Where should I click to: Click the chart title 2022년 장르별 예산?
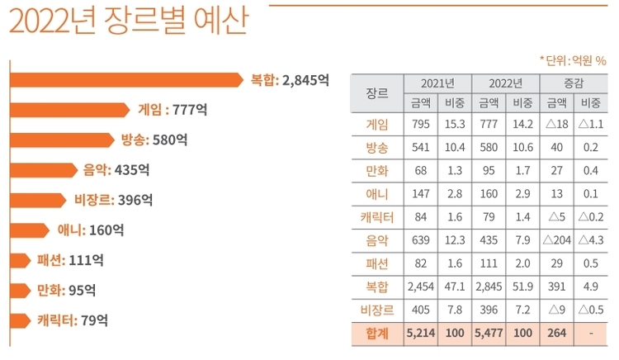click(x=128, y=21)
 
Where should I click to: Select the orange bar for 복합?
click(x=124, y=80)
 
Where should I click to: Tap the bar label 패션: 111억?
click(x=70, y=260)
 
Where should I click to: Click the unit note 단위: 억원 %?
click(x=573, y=59)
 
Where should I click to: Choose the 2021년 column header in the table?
click(x=437, y=83)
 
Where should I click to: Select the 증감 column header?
click(x=573, y=83)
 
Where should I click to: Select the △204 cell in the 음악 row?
click(x=556, y=242)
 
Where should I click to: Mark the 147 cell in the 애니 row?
click(x=420, y=195)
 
